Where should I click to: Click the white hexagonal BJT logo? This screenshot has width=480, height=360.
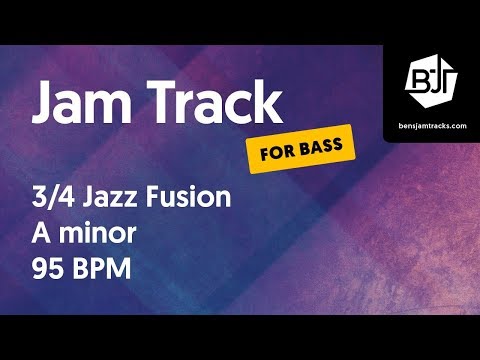coord(431,78)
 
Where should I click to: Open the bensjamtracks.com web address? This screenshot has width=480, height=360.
coord(431,123)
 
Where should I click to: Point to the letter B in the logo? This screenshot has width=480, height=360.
coord(421,77)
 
